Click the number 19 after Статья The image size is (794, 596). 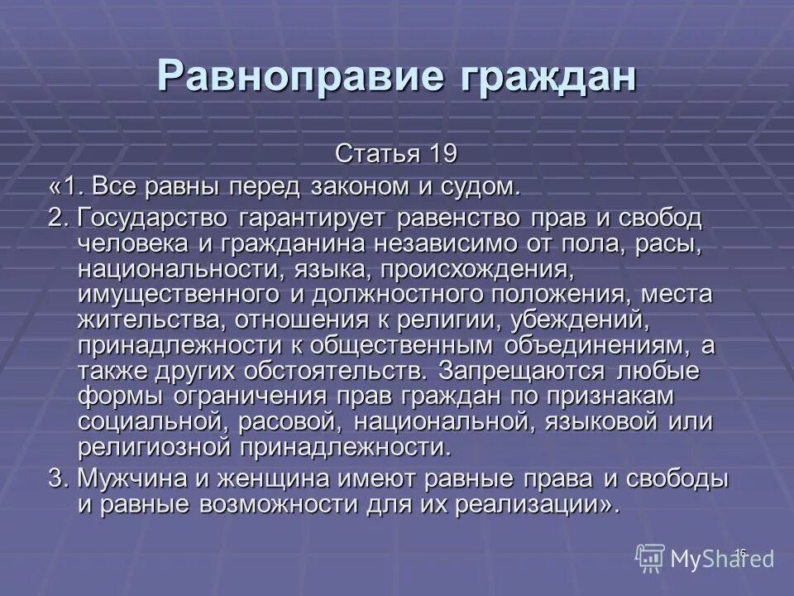441,154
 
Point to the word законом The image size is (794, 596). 353,186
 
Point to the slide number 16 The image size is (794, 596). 740,552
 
